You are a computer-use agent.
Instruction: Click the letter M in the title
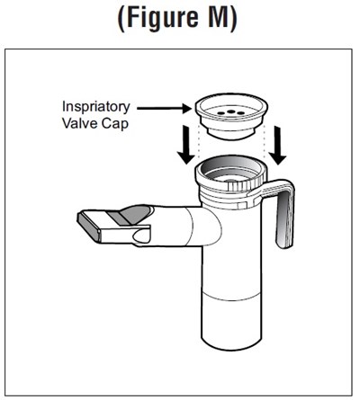click(217, 17)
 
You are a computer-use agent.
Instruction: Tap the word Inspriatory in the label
click(96, 107)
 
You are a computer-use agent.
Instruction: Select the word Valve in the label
click(79, 123)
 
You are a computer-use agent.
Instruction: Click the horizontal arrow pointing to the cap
click(165, 108)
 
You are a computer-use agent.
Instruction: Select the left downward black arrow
click(186, 145)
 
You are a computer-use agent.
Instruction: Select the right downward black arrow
click(278, 146)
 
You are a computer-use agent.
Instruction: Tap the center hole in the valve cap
click(231, 111)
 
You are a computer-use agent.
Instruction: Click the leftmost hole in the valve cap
click(220, 113)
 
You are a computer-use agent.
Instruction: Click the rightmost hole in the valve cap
click(241, 113)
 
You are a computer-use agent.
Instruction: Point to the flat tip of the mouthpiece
click(87, 227)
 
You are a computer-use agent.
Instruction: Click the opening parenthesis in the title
click(121, 19)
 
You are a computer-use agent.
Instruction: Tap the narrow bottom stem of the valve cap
click(231, 134)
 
